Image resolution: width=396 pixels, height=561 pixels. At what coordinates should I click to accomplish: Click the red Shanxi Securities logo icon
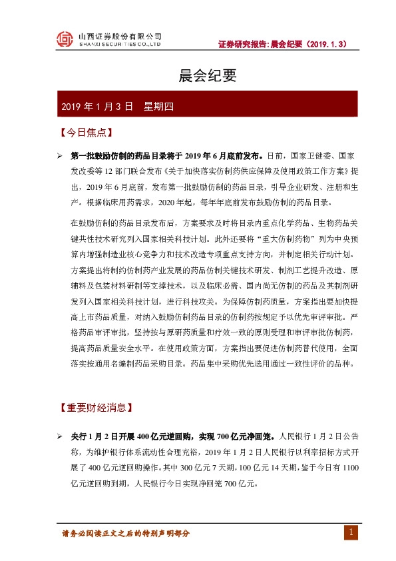(x=64, y=39)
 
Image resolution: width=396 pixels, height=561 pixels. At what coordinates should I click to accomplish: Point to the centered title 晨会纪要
(x=198, y=77)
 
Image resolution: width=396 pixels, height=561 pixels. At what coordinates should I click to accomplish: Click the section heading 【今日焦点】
(x=85, y=133)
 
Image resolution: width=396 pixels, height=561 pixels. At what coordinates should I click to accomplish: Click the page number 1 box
(x=352, y=532)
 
